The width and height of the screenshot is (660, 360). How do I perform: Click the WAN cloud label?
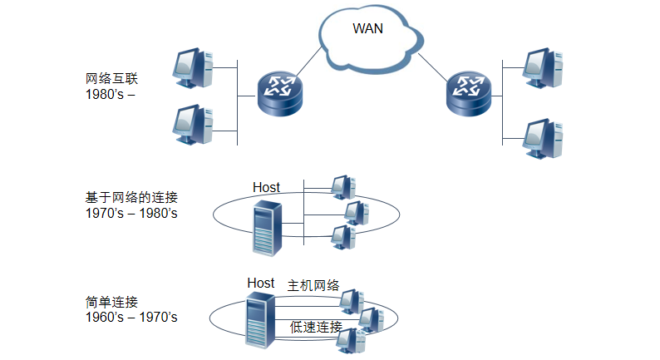tap(368, 29)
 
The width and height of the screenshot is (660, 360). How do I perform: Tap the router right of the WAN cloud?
tap(468, 93)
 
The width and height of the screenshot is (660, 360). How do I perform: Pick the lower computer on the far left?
tap(192, 125)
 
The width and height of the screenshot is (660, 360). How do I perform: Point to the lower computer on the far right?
tap(544, 138)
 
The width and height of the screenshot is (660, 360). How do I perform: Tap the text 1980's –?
tap(110, 94)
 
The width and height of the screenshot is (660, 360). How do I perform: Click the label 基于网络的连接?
tap(131, 198)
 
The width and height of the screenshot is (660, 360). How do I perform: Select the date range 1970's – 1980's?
tap(131, 213)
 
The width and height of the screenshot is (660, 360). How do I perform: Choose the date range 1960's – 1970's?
tap(131, 317)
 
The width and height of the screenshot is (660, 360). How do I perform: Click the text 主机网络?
tap(313, 285)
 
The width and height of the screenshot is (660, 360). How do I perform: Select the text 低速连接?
tap(316, 327)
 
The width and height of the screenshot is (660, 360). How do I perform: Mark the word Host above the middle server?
tap(267, 187)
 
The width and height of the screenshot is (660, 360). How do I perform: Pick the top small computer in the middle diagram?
tap(342, 187)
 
